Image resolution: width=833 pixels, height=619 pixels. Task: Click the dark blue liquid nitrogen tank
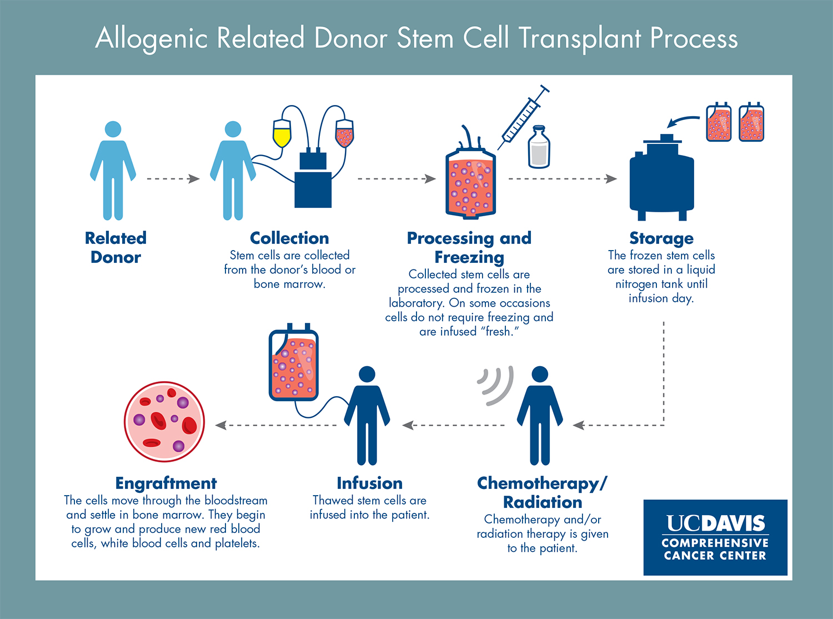point(661,181)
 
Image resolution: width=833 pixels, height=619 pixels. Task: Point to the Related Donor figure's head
point(113,129)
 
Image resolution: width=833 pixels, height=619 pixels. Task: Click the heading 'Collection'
point(289,238)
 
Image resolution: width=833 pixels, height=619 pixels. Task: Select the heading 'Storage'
point(661,238)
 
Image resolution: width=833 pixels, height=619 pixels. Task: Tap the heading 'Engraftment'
point(166,483)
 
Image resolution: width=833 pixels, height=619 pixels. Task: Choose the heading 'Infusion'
point(369,483)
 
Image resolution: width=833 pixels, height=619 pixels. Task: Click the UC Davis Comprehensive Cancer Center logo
point(715,537)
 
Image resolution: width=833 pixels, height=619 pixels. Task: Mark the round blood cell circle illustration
point(164,422)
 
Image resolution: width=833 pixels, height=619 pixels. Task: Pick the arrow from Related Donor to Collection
point(173,179)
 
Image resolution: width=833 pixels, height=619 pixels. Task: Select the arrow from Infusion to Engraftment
point(276,426)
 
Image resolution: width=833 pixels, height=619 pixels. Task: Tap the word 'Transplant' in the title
point(580,39)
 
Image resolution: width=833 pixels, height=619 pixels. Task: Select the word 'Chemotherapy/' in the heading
point(542,483)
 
